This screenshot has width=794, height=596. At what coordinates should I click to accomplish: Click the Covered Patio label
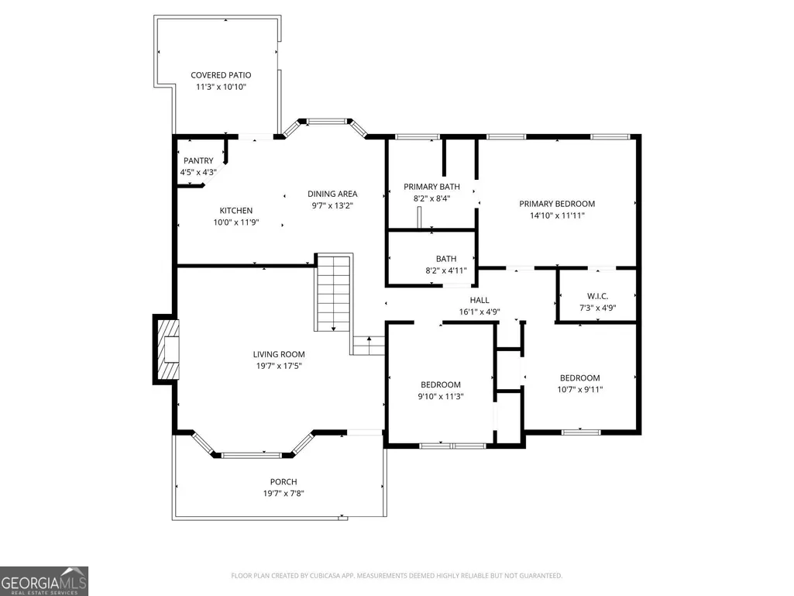(x=221, y=75)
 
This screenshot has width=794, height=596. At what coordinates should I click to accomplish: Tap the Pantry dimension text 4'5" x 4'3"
(x=198, y=172)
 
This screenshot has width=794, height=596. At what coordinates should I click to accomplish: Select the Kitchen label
(x=236, y=210)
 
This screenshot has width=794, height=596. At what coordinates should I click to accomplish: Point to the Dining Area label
(x=332, y=194)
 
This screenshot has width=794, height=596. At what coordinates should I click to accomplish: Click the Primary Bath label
(x=431, y=187)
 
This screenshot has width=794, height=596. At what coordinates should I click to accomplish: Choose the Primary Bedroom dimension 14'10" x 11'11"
(x=557, y=215)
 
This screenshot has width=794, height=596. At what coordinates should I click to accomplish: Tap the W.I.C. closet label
(x=597, y=296)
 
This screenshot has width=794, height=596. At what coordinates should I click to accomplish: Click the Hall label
(x=479, y=300)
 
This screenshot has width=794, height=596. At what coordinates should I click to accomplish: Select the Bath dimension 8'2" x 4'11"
(x=445, y=270)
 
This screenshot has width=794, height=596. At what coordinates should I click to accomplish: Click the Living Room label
(x=279, y=354)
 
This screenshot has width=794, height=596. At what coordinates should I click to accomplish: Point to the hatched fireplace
(x=167, y=350)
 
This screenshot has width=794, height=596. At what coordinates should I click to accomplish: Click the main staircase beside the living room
(x=333, y=293)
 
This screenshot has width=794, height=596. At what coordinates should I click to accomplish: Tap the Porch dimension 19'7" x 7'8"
(x=283, y=494)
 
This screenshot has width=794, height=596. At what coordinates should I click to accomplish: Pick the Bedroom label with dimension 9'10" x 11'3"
(x=441, y=384)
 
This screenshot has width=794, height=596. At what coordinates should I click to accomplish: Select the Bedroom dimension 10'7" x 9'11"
(x=579, y=390)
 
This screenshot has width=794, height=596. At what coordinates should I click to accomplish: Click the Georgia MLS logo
(x=44, y=581)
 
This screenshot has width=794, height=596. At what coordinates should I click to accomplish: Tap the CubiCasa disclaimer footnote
(x=397, y=576)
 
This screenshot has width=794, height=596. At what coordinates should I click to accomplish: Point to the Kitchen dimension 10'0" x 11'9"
(x=236, y=222)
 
